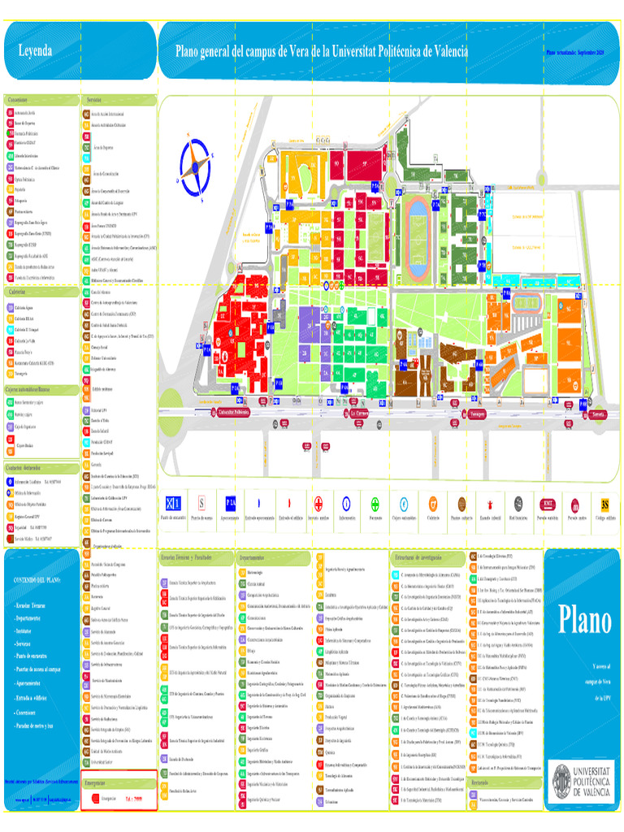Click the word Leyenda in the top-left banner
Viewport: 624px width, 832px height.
(x=35, y=51)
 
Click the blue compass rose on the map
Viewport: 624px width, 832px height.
(x=195, y=166)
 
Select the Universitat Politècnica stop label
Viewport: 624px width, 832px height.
(x=230, y=412)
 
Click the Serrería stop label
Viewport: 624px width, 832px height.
(x=600, y=414)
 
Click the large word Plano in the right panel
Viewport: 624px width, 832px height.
(x=584, y=621)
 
